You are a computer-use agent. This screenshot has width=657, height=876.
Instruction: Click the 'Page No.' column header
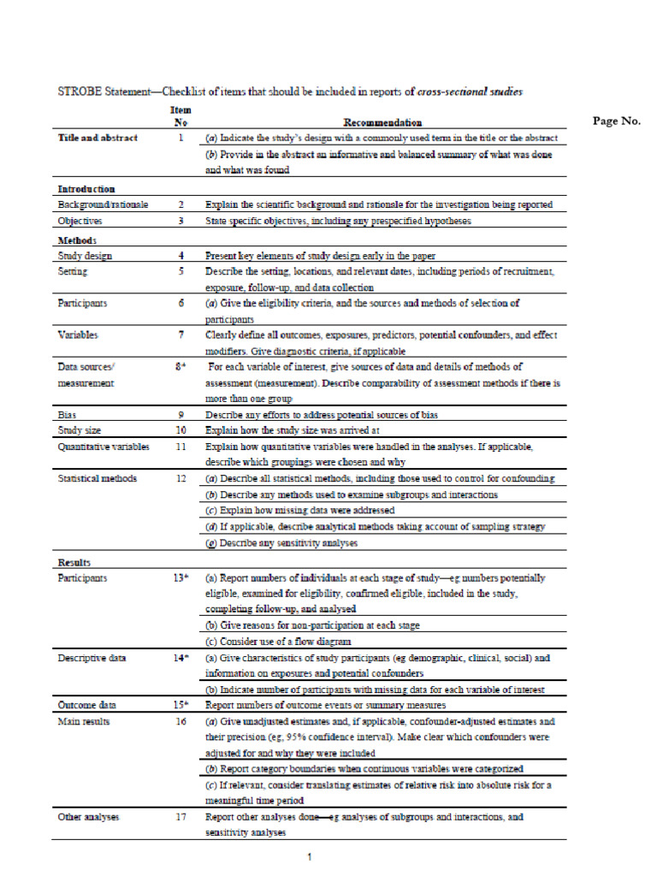(616, 121)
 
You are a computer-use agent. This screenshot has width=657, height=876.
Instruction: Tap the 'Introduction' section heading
(86, 188)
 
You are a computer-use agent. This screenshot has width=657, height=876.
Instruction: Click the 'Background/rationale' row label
(103, 205)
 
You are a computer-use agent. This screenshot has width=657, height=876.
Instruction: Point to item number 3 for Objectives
(181, 221)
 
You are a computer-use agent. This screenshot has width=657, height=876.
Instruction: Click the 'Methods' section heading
(76, 240)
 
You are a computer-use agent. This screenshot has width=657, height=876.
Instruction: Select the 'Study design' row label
(85, 256)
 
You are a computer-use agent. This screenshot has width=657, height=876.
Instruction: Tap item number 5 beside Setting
(181, 271)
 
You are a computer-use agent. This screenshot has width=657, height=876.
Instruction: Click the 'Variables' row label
(78, 334)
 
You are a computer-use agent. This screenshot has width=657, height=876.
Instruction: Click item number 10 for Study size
(181, 430)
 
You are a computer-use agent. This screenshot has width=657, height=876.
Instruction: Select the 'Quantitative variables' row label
(104, 447)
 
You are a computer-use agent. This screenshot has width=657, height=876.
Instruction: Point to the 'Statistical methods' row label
(97, 478)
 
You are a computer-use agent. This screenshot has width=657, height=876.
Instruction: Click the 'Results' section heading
(74, 562)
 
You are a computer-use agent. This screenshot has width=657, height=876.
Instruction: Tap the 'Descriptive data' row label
(93, 658)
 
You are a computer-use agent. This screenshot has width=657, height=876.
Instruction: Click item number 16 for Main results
(181, 722)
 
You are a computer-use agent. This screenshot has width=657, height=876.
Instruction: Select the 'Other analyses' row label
(89, 817)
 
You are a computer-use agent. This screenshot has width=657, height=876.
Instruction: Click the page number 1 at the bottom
(311, 855)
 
